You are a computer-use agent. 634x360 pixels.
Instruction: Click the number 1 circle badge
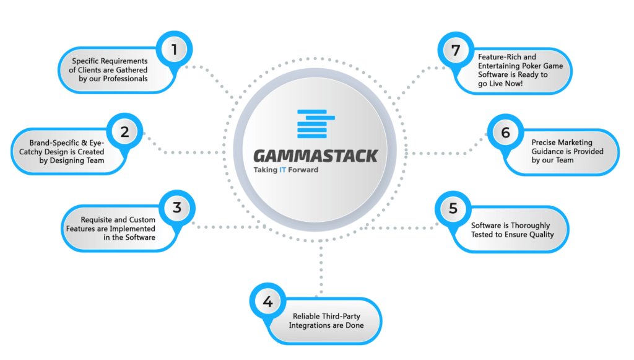tap(174, 50)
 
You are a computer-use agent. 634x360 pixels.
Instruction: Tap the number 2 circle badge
tap(124, 131)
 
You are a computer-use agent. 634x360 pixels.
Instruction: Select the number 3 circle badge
tap(177, 208)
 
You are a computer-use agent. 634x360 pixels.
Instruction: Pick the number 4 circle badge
tap(267, 301)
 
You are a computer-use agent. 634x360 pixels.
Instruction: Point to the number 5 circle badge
tap(453, 209)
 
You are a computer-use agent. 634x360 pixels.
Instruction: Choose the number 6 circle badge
tap(505, 132)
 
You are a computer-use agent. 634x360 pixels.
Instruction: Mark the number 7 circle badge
tap(456, 50)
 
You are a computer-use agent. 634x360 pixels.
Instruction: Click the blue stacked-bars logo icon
tap(316, 124)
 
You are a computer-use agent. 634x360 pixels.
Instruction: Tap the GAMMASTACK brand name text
tap(316, 156)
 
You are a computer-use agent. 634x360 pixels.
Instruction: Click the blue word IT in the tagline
tap(282, 170)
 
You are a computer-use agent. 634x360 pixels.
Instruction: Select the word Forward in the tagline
tap(303, 170)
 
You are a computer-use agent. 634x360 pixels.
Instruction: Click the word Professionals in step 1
tap(125, 79)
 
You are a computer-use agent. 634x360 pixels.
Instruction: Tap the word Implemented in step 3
tap(132, 229)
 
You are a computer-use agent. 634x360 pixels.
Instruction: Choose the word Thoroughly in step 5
tap(531, 226)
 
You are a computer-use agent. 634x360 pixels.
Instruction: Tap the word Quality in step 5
tap(542, 235)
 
